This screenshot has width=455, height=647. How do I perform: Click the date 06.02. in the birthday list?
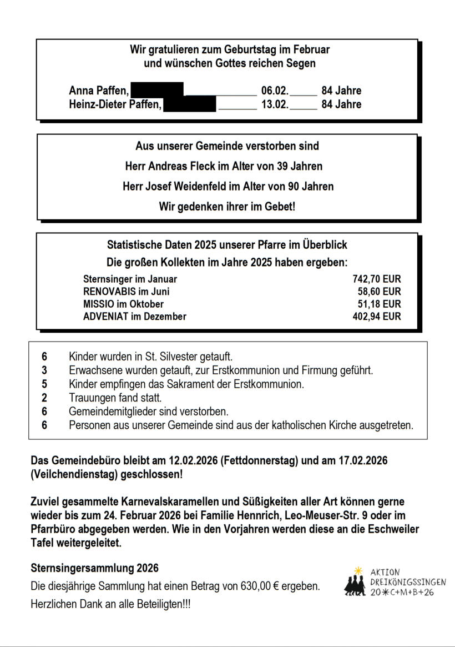click(275, 91)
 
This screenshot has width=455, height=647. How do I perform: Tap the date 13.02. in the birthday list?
click(275, 104)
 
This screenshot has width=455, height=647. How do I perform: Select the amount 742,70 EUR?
click(377, 279)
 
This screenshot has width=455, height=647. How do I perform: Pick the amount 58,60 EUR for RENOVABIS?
click(379, 292)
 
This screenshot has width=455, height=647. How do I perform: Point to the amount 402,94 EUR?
click(377, 317)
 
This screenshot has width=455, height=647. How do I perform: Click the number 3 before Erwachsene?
click(44, 370)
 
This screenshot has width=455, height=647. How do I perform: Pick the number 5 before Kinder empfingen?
click(44, 384)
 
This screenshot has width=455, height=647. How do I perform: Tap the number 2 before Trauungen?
click(44, 398)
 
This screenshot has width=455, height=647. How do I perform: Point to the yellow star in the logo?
click(358, 570)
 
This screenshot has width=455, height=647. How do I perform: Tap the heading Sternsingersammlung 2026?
click(94, 568)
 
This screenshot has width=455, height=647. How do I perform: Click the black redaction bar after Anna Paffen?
click(156, 91)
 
